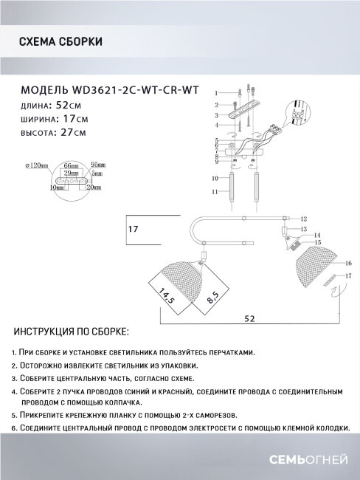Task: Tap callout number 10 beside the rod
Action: coord(216,179)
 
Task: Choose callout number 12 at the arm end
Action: coord(303,219)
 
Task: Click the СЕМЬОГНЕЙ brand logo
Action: coord(311,460)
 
